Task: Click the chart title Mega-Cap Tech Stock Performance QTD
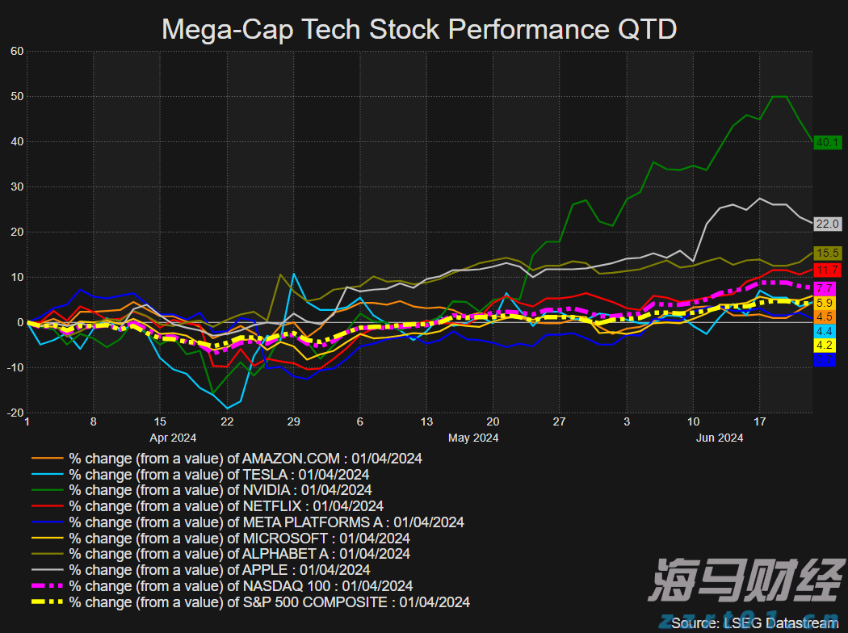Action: click(419, 29)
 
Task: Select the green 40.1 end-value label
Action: click(828, 142)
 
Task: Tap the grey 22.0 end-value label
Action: click(828, 224)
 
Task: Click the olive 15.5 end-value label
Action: click(828, 254)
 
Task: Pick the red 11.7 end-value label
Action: click(828, 270)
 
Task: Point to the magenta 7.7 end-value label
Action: click(825, 287)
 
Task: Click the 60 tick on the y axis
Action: click(17, 51)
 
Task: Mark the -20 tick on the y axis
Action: click(15, 413)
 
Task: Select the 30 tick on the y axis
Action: click(17, 187)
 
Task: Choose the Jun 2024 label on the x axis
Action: click(720, 438)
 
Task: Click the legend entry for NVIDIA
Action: click(220, 490)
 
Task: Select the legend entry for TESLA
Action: click(218, 474)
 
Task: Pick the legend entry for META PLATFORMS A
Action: click(266, 522)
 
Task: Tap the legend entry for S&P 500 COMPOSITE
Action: click(269, 602)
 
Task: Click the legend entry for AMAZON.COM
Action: click(245, 459)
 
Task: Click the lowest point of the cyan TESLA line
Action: click(228, 408)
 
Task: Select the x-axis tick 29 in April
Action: click(293, 421)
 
